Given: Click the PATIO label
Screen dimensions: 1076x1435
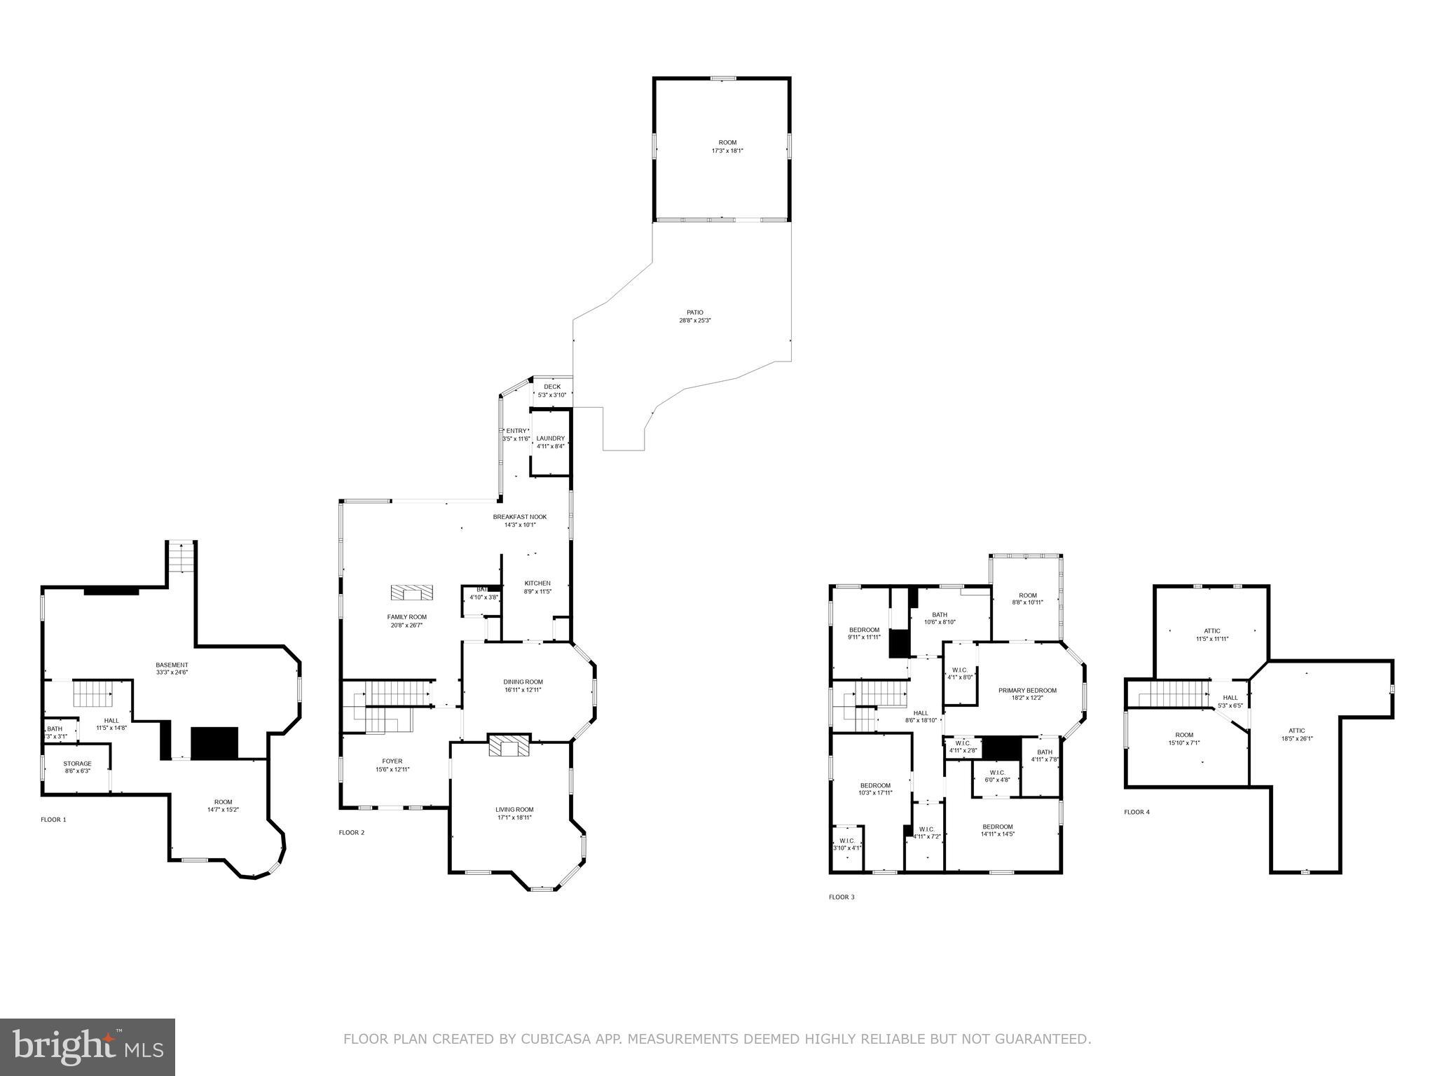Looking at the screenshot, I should tap(694, 312).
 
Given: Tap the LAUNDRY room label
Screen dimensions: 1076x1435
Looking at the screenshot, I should tap(550, 439).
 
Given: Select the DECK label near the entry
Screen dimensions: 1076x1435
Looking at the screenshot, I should tap(552, 387).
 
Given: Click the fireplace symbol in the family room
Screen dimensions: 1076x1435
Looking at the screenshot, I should tap(412, 593).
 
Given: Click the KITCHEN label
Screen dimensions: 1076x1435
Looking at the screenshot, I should tap(537, 584).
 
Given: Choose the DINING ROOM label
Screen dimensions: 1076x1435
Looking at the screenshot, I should tap(523, 682).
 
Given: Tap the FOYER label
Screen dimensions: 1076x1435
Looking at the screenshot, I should tap(392, 761).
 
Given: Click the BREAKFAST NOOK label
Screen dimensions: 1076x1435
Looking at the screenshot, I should tap(519, 517).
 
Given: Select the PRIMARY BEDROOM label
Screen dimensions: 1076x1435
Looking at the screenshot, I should tap(1027, 690).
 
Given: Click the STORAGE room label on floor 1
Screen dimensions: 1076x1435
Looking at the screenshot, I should tap(77, 764).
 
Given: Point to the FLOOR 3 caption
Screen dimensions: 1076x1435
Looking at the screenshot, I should tap(842, 897).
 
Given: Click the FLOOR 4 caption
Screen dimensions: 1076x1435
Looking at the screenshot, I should tap(1137, 812).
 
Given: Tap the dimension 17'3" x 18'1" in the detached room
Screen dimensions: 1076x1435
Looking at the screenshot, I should tap(727, 151).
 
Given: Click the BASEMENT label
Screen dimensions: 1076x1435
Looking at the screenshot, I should tap(172, 665).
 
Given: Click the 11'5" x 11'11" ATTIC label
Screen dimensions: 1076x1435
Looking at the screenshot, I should tap(1212, 631).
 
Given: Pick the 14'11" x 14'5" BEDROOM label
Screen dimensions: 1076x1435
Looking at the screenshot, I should tap(997, 826).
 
